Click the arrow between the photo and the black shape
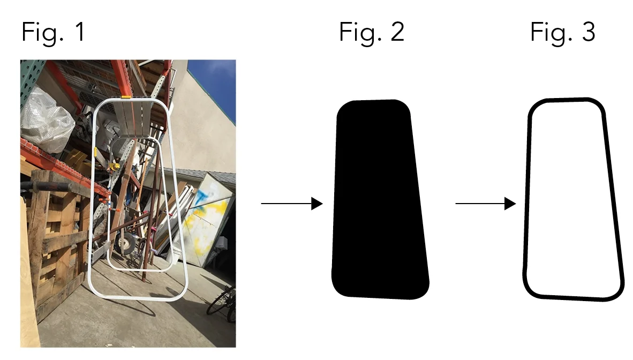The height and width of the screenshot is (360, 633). coord(291,204)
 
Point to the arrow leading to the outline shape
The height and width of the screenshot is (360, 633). coord(485,204)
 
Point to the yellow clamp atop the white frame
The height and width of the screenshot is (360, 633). coord(126,97)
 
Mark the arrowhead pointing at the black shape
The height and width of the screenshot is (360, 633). coord(317,204)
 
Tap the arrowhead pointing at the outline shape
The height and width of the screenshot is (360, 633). coord(510,204)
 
